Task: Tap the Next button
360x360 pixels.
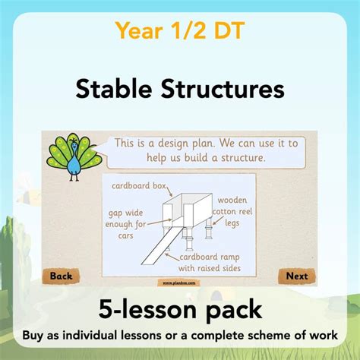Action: tap(297, 276)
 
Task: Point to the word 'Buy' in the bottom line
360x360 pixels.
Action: tap(43, 334)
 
